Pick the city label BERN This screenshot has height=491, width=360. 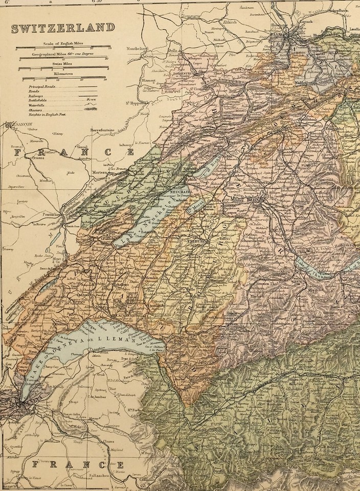coord(253,200)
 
